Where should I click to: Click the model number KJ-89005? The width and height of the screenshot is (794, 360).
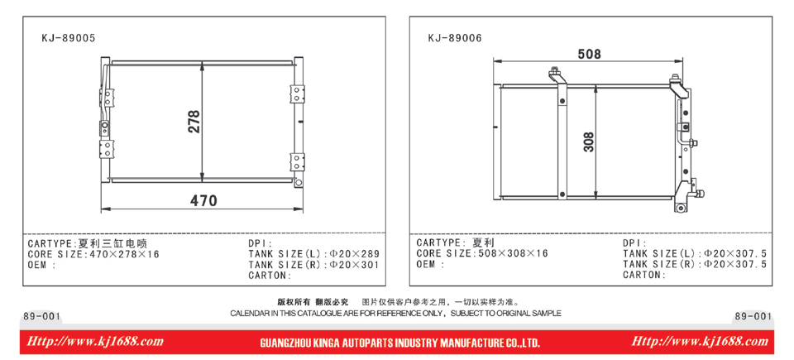[x=69, y=38]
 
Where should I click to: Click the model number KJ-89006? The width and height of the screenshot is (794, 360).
[x=455, y=38]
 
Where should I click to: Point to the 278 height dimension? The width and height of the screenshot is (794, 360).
[x=194, y=122]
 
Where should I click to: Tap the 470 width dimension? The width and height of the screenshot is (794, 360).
[x=203, y=200]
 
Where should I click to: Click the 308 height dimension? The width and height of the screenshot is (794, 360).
[x=588, y=142]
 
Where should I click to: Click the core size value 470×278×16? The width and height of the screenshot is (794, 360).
[x=124, y=254]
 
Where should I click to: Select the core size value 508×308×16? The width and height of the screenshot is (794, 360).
[x=513, y=253]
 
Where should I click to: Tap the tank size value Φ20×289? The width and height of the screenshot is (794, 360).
[x=355, y=253]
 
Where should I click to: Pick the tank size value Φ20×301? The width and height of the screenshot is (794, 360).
[x=355, y=264]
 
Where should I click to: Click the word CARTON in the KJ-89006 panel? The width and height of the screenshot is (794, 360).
[x=642, y=275]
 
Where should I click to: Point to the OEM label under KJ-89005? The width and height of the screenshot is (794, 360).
[x=39, y=265]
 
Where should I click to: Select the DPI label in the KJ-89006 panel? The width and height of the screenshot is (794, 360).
[x=633, y=242]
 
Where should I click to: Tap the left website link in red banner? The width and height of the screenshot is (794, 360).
[x=94, y=342]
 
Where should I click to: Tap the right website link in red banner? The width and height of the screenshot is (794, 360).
[x=700, y=342]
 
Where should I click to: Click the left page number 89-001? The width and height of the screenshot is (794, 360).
[x=42, y=316]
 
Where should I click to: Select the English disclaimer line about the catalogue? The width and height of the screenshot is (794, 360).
[x=395, y=314]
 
